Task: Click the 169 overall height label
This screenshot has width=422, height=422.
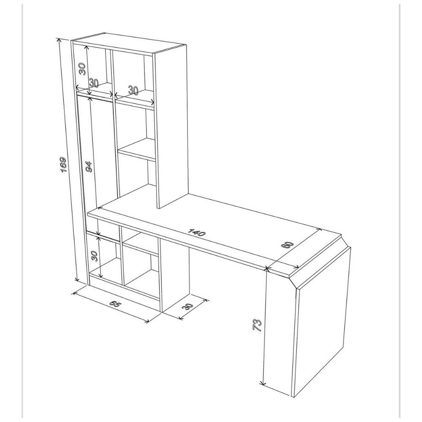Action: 63,165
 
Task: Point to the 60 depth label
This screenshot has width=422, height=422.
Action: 287,246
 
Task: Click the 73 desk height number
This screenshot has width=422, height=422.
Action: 257,325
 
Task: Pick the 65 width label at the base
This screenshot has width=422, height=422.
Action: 116,304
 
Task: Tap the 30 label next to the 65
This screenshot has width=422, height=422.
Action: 188,306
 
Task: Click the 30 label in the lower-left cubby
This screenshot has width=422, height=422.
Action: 94,256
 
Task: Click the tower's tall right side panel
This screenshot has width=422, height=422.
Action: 170,127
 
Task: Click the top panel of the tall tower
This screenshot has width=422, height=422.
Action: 129,43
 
